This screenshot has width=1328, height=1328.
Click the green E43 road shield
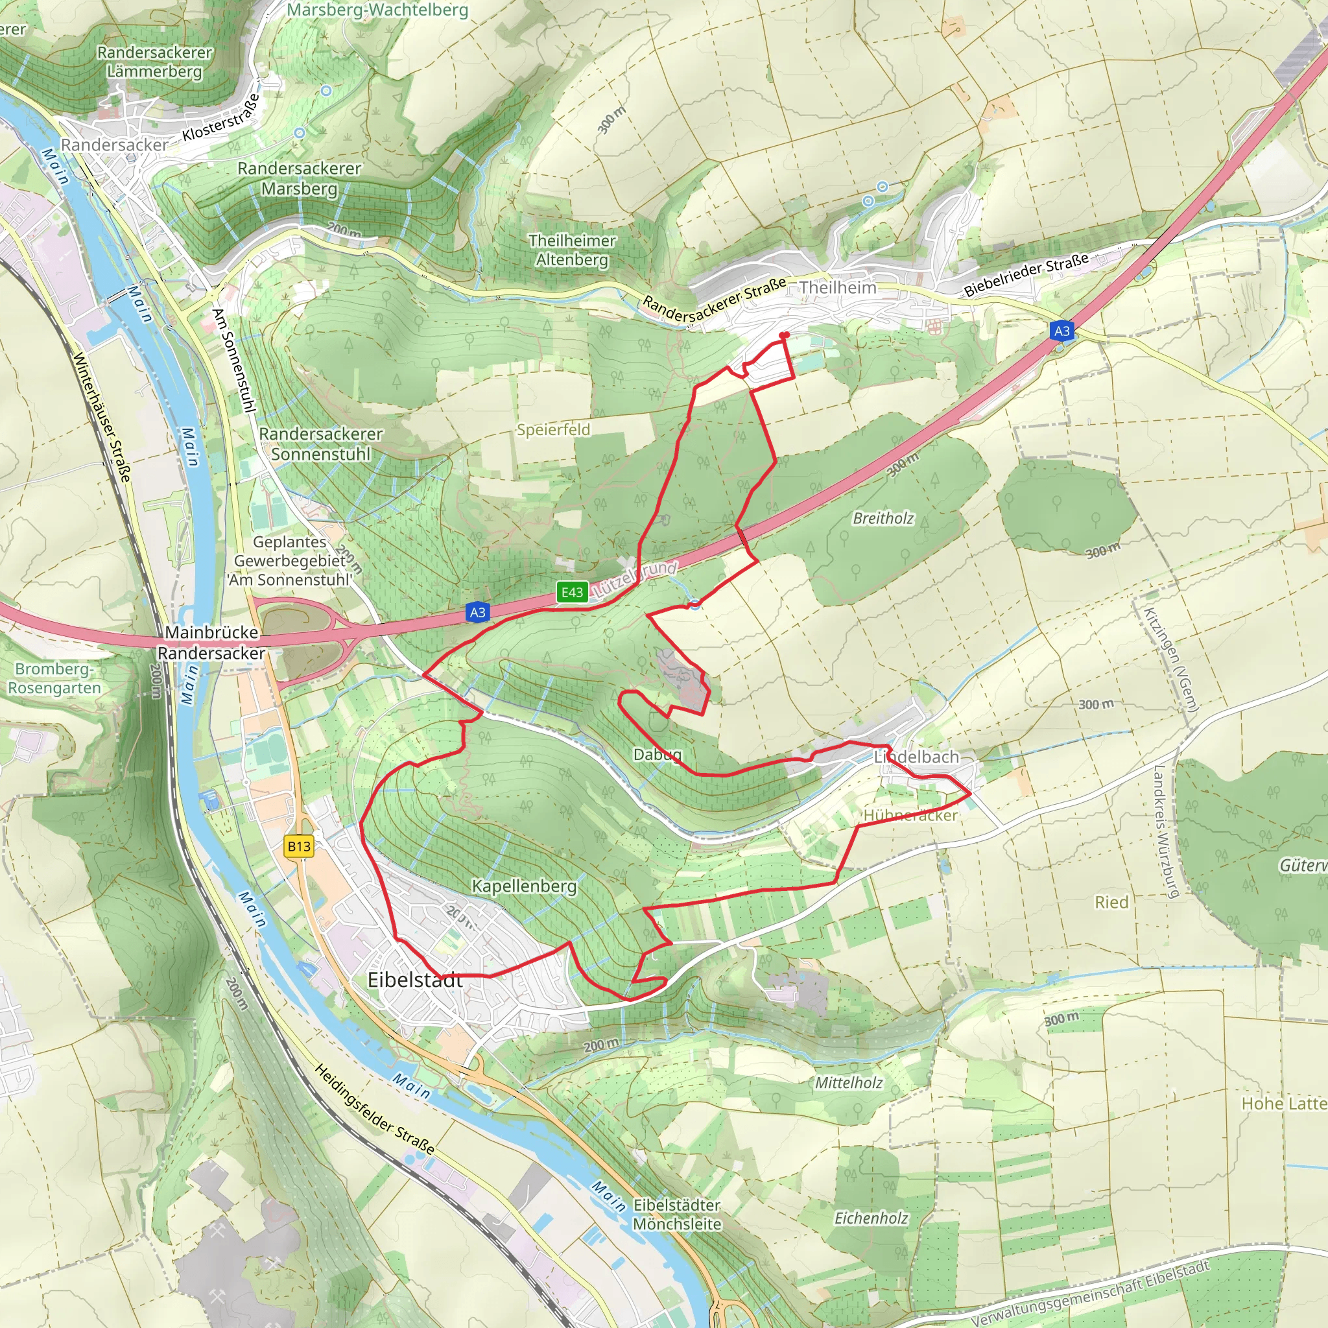(572, 593)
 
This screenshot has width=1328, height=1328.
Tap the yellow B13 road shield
(299, 846)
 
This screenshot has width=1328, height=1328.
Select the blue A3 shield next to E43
(478, 612)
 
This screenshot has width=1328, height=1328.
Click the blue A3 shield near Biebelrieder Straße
(1062, 331)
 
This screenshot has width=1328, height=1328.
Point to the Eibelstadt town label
(415, 980)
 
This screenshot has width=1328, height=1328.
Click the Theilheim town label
(838, 287)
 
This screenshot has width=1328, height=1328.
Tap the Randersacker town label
(114, 145)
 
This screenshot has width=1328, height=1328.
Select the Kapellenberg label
(524, 886)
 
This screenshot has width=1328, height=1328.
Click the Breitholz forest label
(883, 518)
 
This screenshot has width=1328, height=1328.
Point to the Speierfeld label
(553, 430)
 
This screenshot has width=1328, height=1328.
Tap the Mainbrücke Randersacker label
(211, 643)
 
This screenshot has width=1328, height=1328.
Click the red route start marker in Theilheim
(785, 335)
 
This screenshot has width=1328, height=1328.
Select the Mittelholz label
(849, 1083)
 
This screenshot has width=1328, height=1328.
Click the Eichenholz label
(871, 1218)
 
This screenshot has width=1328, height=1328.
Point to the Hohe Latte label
(1283, 1104)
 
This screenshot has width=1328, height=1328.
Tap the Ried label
(1111, 903)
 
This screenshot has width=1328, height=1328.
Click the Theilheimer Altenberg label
(572, 250)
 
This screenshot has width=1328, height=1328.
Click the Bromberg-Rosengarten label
(54, 678)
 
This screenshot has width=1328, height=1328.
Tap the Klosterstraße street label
(222, 118)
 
